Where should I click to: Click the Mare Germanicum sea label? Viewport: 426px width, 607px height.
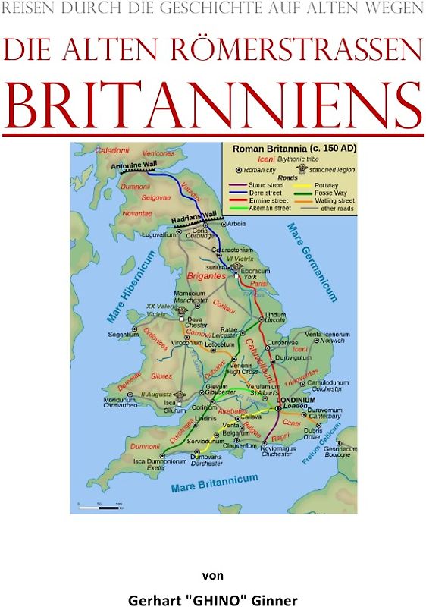pyautogui.click(x=311, y=261)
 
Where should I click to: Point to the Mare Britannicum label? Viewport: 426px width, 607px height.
pyautogui.click(x=215, y=483)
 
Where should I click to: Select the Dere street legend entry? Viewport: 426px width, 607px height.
pyautogui.click(x=258, y=193)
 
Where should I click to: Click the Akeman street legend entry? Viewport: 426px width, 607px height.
pyautogui.click(x=263, y=208)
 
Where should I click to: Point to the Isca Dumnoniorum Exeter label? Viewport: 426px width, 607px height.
pyautogui.click(x=160, y=464)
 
